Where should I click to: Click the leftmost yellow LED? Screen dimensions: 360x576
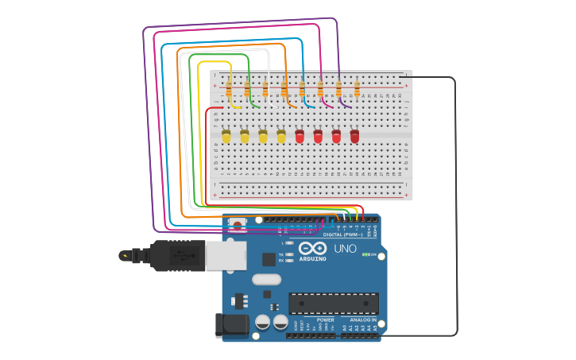point(226,137)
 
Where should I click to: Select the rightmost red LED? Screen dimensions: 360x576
point(354,137)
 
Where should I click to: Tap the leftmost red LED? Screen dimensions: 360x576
point(300,137)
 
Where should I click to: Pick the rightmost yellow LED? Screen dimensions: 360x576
point(281,137)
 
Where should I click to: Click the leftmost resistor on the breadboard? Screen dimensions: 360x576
point(229,89)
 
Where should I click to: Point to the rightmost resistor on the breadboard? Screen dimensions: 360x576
point(357,89)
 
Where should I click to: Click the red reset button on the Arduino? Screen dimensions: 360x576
point(237,226)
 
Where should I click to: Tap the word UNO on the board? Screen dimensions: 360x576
point(345,249)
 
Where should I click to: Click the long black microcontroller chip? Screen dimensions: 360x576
point(333,303)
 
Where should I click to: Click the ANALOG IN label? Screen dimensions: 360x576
point(363,319)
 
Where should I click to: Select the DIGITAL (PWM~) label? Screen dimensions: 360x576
point(342,234)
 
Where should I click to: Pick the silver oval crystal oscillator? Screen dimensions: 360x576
point(267,280)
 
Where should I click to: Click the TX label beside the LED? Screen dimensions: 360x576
point(281,254)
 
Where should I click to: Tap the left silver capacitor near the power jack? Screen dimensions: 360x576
point(263,322)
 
